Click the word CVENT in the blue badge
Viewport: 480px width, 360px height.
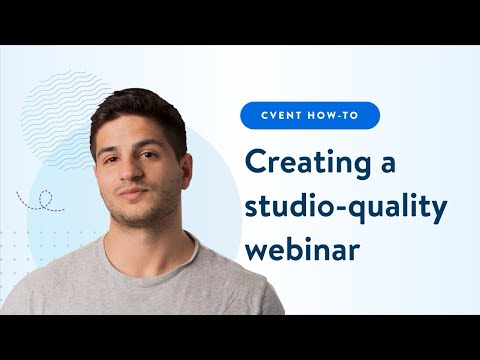click(x=284, y=116)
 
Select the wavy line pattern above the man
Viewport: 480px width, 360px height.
click(x=60, y=110)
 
